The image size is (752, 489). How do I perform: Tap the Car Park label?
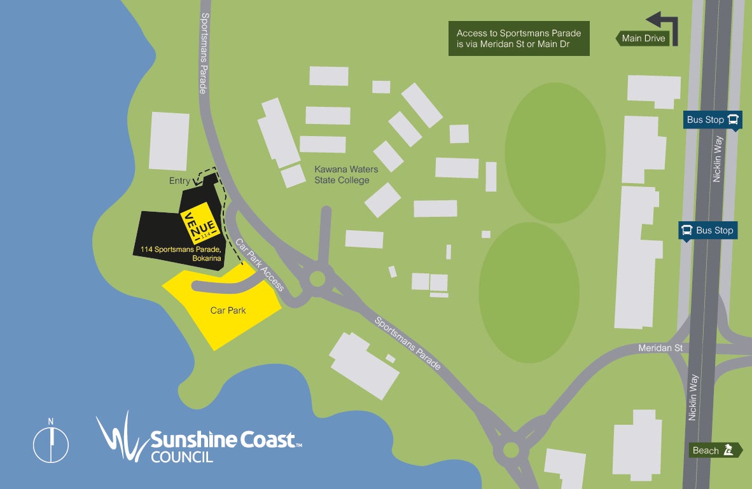[x=228, y=310]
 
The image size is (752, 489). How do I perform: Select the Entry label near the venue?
[x=179, y=181]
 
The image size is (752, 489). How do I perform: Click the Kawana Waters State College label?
[x=346, y=175]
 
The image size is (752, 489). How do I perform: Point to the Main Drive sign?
[x=643, y=38]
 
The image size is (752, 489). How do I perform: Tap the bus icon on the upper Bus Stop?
[x=733, y=119]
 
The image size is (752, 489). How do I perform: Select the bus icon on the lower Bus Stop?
[x=686, y=230]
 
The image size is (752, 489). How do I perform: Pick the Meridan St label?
[x=660, y=348]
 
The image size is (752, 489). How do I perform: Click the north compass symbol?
[x=51, y=443]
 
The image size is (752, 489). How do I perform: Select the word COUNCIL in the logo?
[x=182, y=456]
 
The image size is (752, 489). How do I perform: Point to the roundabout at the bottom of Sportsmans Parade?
[x=511, y=450]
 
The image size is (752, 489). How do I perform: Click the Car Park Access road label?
[x=260, y=265]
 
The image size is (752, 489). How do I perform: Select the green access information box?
[x=519, y=38]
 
